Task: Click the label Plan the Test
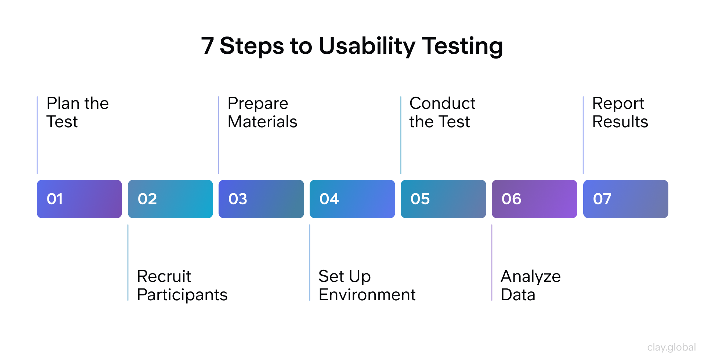[x=77, y=112]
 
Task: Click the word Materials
[x=262, y=122]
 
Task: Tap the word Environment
[x=367, y=295]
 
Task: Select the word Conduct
[x=442, y=103]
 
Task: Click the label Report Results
[x=620, y=112]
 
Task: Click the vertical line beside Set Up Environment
[x=310, y=263]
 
